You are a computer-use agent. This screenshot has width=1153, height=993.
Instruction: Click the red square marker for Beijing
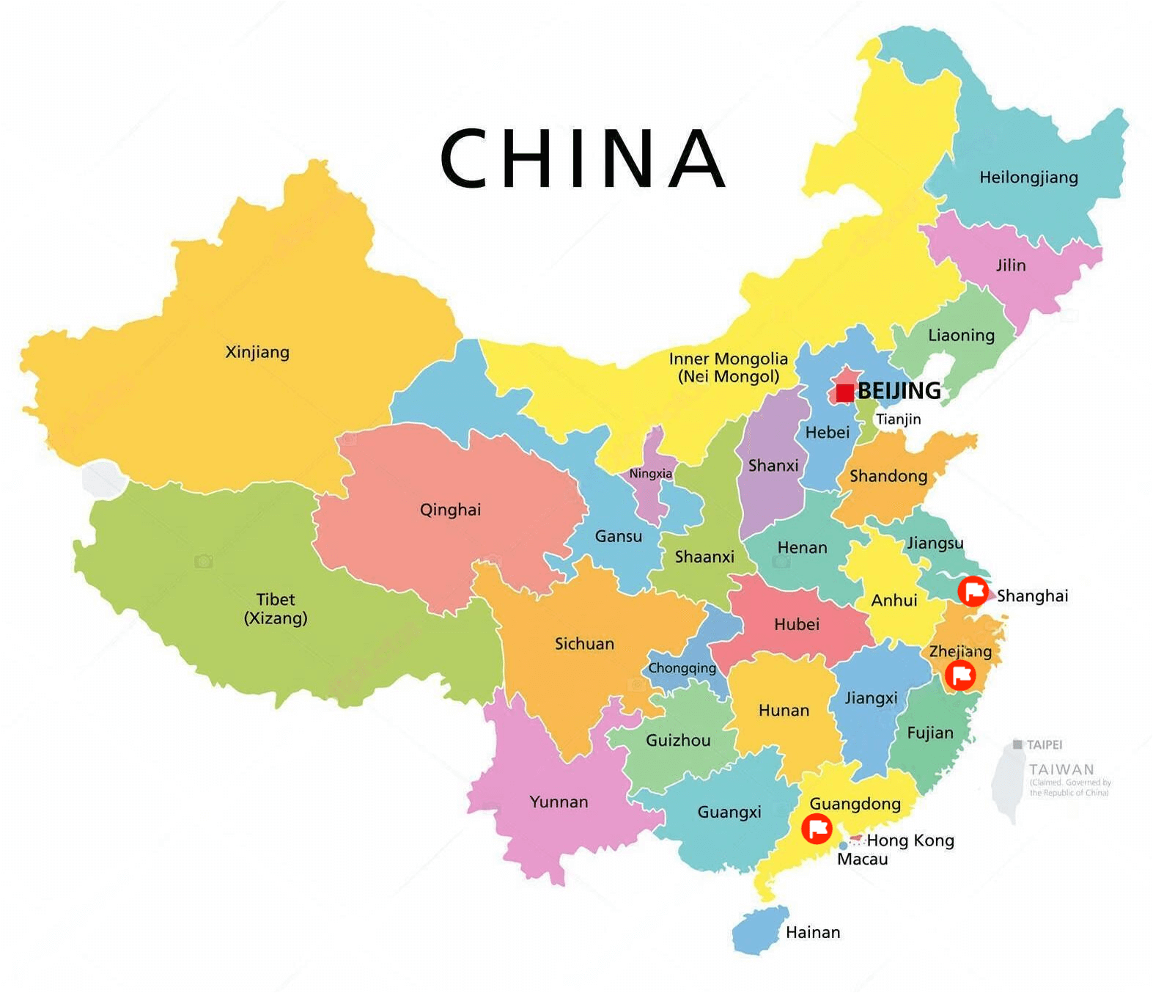[844, 392]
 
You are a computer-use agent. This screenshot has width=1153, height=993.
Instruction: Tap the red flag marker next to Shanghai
[973, 591]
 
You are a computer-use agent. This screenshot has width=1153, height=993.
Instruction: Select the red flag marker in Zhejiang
[959, 675]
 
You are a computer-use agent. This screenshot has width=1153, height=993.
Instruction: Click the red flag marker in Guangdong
[817, 829]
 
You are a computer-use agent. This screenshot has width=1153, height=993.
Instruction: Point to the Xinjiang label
[257, 352]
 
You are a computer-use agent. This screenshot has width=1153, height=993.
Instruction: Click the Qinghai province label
[450, 510]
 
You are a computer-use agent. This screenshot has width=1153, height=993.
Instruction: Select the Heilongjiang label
[1028, 177]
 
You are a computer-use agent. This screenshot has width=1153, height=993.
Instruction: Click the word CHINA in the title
[583, 158]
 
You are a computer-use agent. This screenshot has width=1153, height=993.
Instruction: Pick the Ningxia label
[650, 474]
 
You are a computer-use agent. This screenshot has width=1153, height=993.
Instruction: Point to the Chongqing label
[682, 668]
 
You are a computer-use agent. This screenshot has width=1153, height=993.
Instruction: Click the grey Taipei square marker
[1017, 744]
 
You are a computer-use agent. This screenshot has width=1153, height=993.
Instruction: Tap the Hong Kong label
[910, 840]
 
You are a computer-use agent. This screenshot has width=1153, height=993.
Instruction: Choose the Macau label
[862, 860]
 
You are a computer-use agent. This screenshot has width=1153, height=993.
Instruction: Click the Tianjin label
[898, 419]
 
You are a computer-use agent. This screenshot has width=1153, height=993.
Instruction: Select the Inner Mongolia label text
[728, 367]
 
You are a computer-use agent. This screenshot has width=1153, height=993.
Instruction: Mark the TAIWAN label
[1061, 769]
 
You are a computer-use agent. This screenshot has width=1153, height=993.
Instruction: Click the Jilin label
[1011, 265]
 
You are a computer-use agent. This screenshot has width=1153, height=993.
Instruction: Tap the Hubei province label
[796, 624]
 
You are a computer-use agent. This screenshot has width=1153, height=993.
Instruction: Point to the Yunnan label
[559, 802]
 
